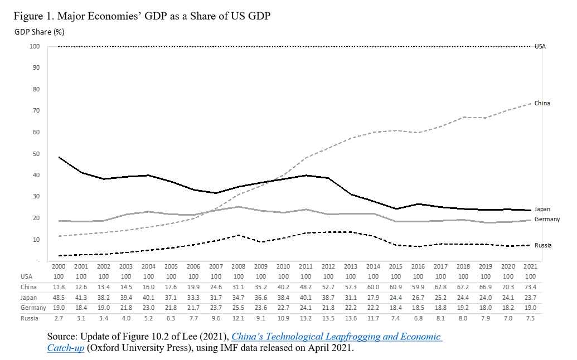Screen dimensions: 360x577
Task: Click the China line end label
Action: pos(542,103)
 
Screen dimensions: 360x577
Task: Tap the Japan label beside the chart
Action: pos(542,209)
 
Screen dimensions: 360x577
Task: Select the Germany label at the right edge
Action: pos(546,220)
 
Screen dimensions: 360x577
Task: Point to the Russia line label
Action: pos(544,245)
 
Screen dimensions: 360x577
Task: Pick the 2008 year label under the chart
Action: pos(239,266)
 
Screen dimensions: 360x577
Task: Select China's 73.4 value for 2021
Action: pos(531,286)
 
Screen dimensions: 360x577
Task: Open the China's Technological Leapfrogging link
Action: pos(336,337)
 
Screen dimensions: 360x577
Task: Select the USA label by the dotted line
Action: pos(540,46)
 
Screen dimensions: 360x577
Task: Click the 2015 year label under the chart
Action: pos(396,266)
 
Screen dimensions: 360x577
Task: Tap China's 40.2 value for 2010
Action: pos(284,286)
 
